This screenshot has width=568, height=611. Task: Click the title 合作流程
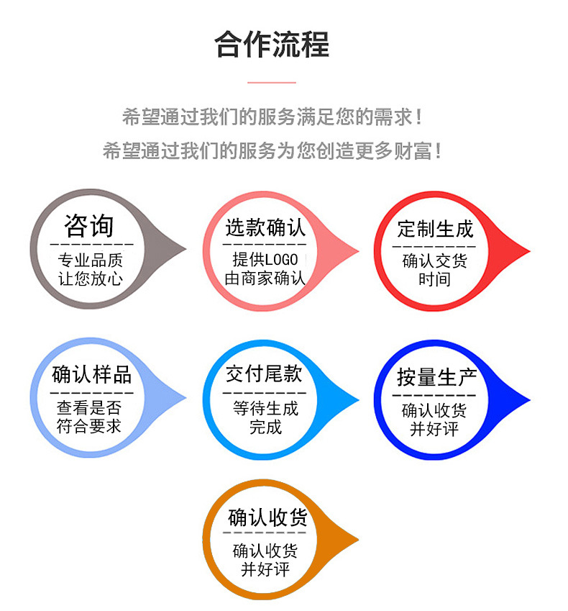(272, 45)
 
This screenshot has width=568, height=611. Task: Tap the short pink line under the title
(272, 83)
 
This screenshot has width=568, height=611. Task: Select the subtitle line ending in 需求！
(272, 116)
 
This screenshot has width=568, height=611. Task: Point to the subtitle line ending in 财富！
(272, 151)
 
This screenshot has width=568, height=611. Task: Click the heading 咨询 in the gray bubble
(89, 226)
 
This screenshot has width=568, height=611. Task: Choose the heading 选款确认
(265, 228)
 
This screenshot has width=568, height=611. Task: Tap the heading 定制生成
(436, 230)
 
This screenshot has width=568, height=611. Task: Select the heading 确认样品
(91, 374)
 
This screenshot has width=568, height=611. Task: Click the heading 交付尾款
(264, 374)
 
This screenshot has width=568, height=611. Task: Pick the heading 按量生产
(436, 377)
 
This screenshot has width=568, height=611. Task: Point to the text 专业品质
(91, 261)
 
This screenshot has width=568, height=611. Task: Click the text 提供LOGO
(265, 260)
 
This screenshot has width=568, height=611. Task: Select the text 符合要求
(89, 426)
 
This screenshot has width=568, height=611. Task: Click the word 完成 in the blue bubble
(265, 427)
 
